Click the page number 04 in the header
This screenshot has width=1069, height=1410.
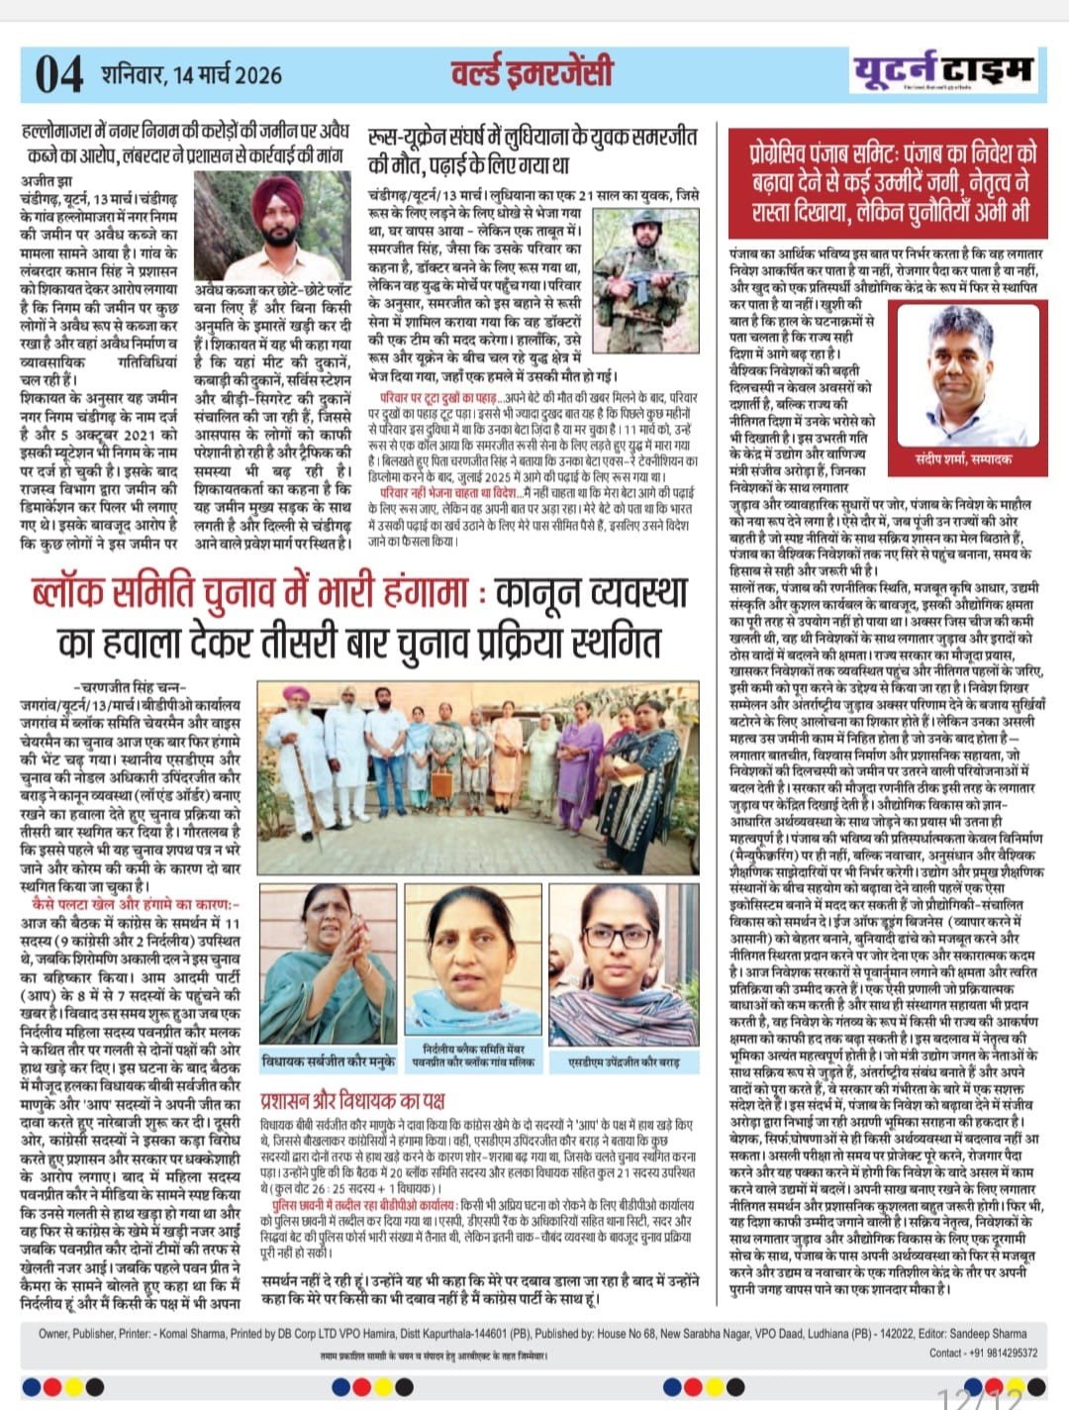58,75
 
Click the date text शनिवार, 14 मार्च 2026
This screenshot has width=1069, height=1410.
191,74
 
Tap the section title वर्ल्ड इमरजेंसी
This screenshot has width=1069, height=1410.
532,72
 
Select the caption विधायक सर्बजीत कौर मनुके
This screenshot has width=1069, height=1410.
328,1061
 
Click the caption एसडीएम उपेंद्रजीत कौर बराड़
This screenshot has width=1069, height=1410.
623,1061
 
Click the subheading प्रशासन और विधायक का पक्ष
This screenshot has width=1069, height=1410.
351,1100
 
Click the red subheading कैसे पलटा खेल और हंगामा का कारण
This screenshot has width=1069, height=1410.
133,904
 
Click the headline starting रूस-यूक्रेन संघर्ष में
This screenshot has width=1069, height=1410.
532,151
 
